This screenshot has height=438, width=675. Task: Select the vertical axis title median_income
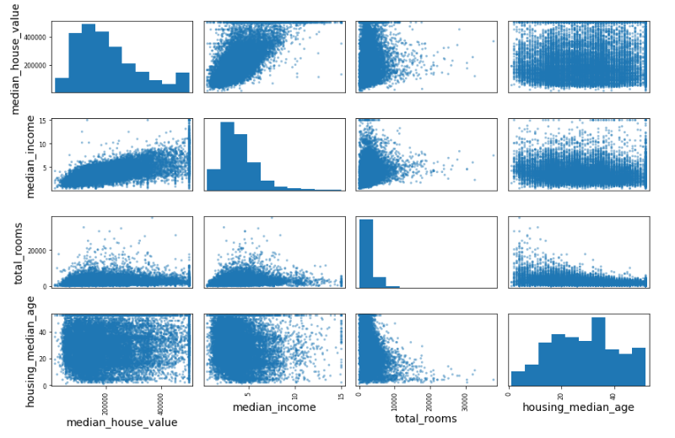coord(32,154)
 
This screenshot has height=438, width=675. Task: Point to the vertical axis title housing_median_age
coord(32,349)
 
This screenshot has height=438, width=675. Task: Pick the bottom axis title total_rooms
coord(426,419)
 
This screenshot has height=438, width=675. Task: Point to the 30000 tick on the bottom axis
coord(467,394)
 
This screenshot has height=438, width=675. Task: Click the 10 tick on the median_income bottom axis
coord(294,394)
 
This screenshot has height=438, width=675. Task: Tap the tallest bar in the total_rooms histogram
coord(366,253)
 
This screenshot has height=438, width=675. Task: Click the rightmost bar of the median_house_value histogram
coord(182,82)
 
